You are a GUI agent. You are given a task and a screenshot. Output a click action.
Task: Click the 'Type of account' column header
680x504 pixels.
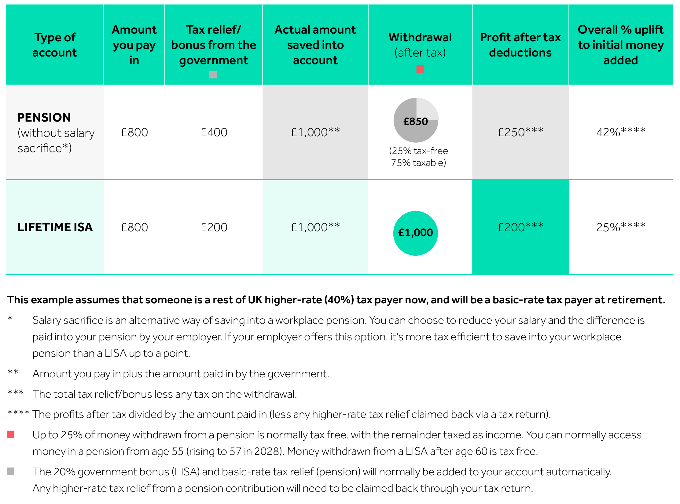(x=55, y=45)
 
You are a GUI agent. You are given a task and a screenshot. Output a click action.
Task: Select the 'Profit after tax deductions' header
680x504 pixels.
(x=520, y=45)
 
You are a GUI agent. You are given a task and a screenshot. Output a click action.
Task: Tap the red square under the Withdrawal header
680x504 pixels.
(x=420, y=69)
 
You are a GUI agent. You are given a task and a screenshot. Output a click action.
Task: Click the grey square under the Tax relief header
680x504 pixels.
(x=213, y=75)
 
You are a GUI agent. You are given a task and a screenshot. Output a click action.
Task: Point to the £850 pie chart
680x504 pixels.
(x=416, y=120)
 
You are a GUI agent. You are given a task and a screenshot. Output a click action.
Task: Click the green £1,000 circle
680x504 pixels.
(x=415, y=233)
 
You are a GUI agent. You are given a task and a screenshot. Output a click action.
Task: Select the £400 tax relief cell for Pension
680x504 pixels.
(x=214, y=132)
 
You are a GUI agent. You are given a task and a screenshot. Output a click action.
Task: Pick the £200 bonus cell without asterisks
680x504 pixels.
(x=214, y=227)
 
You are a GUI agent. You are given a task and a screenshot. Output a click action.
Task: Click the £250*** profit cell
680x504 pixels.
(x=520, y=132)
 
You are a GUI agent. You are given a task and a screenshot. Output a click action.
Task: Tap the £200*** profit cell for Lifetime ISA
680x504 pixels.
(x=520, y=227)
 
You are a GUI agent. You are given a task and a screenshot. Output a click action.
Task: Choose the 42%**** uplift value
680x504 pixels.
(x=620, y=132)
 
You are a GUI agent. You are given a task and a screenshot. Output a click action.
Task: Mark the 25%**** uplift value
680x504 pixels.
(x=620, y=227)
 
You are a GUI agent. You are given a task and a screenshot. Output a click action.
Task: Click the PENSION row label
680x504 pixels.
(x=44, y=118)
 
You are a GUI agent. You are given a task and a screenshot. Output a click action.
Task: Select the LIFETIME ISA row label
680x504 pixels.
(x=55, y=227)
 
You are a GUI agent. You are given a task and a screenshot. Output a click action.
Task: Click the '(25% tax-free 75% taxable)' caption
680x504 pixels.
(x=418, y=157)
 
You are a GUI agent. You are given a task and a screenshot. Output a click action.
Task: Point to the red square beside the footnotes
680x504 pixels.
(x=11, y=434)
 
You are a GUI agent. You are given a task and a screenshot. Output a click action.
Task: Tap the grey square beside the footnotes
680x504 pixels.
(x=11, y=471)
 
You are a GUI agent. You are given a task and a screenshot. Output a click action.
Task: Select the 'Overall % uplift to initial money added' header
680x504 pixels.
(x=620, y=45)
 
